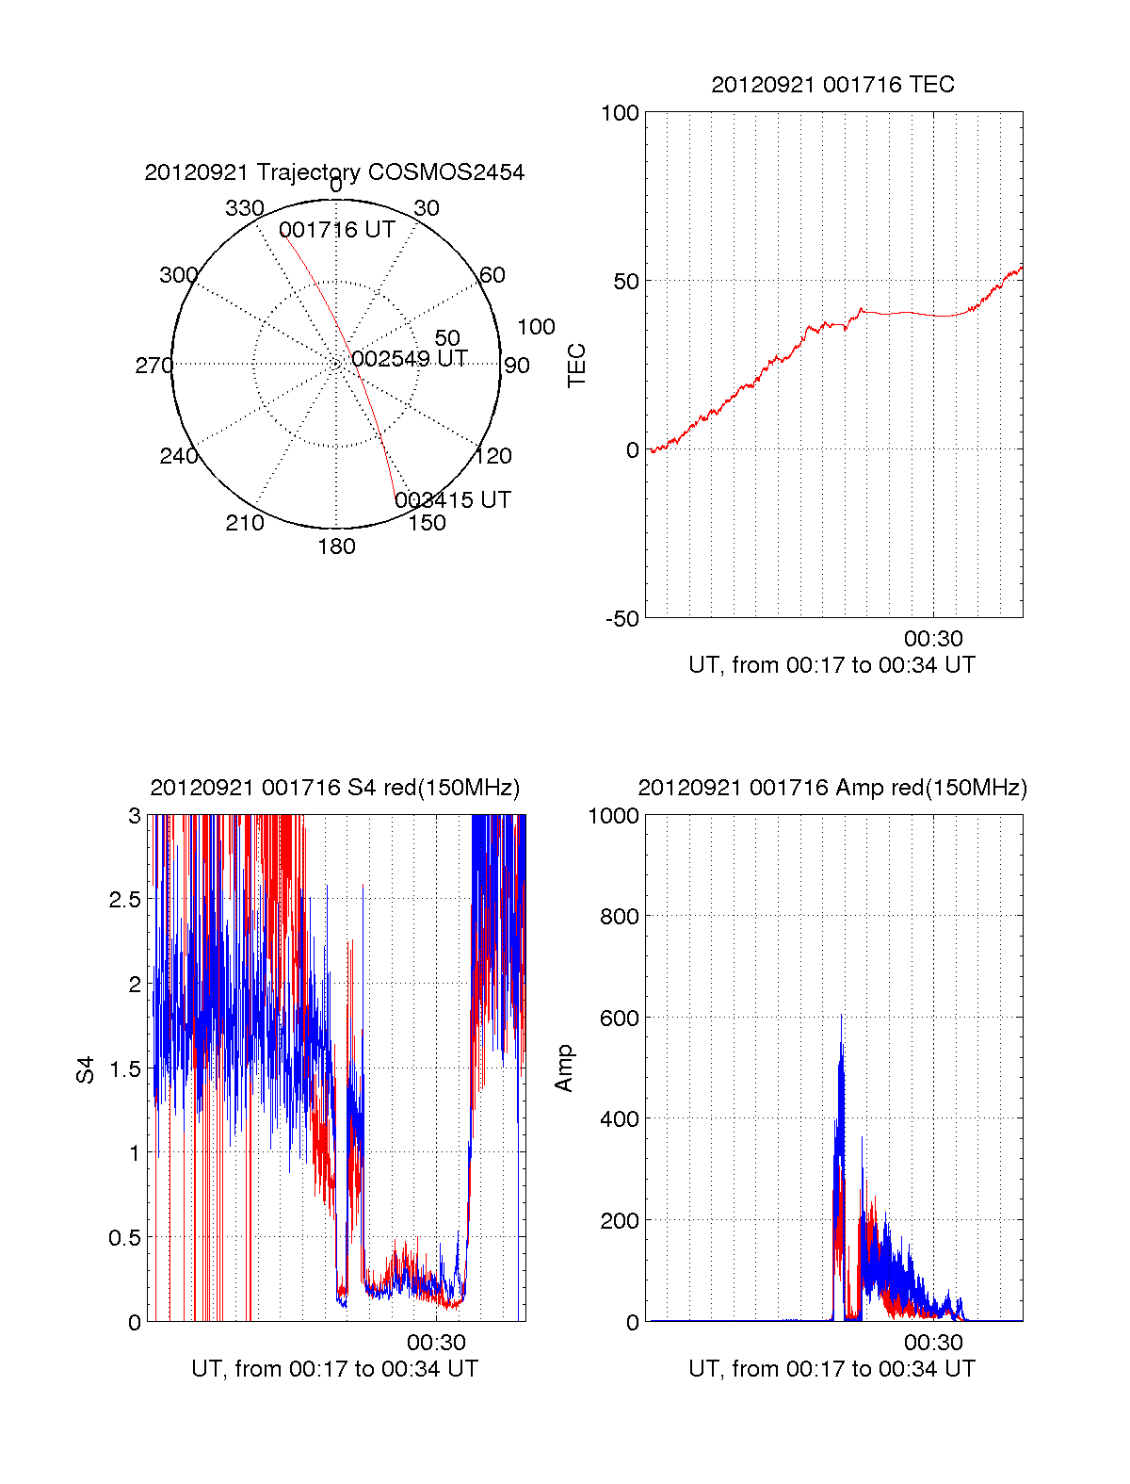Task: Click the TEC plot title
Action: [x=832, y=85]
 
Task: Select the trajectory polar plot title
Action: [x=334, y=172]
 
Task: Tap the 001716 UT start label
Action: [x=336, y=230]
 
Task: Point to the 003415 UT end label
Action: [x=453, y=499]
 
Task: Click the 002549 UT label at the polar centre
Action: [x=410, y=359]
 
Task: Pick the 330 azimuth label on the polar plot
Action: [x=244, y=208]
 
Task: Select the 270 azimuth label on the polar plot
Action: [x=153, y=366]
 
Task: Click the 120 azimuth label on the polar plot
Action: [x=493, y=456]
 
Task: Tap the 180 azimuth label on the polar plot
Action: [x=336, y=546]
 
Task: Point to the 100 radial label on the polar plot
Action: [x=536, y=327]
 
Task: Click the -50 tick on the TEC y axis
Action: [x=621, y=619]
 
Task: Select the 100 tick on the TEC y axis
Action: [x=620, y=113]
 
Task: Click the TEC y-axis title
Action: [x=576, y=366]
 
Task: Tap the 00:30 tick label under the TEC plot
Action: [x=933, y=640]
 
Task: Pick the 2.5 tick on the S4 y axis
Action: [x=124, y=900]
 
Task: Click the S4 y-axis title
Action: [x=86, y=1069]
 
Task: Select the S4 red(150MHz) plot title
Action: [x=334, y=788]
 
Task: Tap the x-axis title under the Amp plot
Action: [x=831, y=1369]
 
